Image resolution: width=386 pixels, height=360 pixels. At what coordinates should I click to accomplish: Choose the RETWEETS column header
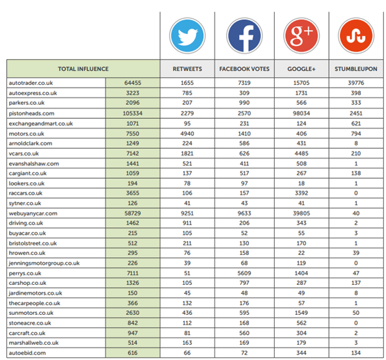coord(186,69)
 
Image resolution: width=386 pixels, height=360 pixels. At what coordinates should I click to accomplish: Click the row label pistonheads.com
coord(33,113)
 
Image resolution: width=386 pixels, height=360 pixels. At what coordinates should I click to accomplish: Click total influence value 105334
coord(132,113)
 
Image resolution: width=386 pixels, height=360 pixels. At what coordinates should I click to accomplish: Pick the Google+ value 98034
coord(300,113)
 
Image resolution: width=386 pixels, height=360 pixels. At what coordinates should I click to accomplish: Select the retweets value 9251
coord(186,213)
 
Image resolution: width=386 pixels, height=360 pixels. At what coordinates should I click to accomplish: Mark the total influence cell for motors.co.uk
coord(132,133)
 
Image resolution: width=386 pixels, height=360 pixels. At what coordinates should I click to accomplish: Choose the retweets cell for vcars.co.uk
coord(186,153)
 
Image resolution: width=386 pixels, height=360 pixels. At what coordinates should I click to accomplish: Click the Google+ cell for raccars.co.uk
coord(300,193)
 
